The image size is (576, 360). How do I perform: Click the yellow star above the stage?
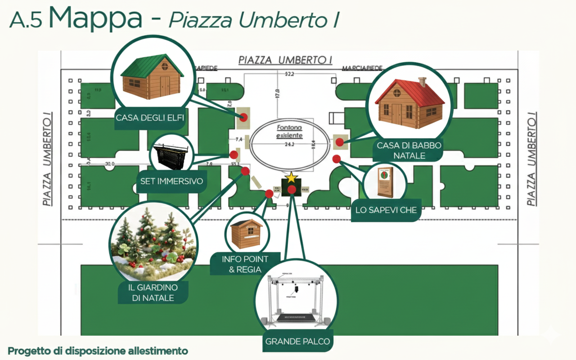(x=292, y=177)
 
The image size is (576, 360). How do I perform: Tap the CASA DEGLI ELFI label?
(x=150, y=118)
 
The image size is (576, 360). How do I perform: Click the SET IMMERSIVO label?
(x=171, y=182)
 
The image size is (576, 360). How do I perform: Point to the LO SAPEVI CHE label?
(x=386, y=210)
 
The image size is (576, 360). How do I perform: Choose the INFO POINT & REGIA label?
(x=245, y=264)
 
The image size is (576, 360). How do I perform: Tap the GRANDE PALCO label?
(x=297, y=341)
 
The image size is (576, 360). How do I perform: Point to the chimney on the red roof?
(x=422, y=82)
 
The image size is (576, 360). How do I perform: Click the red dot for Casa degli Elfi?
(x=243, y=118)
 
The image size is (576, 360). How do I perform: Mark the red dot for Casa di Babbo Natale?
(x=340, y=142)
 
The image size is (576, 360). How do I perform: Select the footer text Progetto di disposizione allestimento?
(x=98, y=351)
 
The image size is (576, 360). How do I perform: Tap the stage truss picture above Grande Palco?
(x=296, y=297)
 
